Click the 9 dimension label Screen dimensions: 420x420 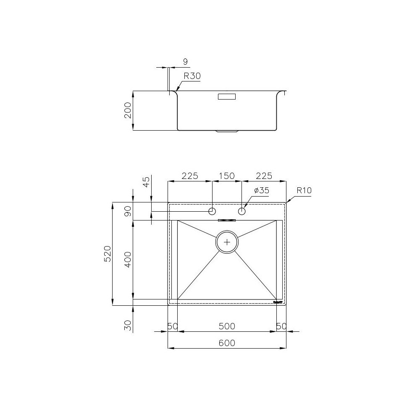point(185,62)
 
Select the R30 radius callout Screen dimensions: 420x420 point(192,76)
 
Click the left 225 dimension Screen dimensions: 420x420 point(189,176)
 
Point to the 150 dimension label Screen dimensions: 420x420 point(227,176)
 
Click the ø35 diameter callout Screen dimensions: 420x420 point(261,191)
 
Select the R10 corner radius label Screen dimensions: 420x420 point(304,190)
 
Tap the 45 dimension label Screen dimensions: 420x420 point(146,182)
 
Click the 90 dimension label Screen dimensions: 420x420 point(128,211)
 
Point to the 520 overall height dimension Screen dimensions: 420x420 point(108,254)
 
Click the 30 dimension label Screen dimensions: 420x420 point(128,325)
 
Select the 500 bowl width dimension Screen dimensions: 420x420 point(227,326)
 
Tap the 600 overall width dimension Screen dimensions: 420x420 point(227,343)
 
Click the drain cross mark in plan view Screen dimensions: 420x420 point(227,242)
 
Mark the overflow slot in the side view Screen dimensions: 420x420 point(227,97)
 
